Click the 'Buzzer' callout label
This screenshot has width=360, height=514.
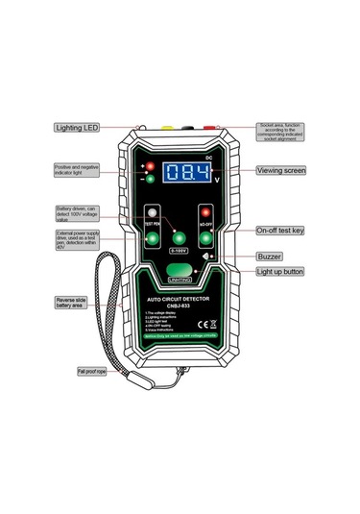269,257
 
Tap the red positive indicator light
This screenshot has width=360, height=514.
150,166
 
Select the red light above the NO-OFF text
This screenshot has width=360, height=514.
203,212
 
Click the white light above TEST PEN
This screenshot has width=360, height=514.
151,212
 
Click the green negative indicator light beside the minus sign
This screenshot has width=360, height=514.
150,179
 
